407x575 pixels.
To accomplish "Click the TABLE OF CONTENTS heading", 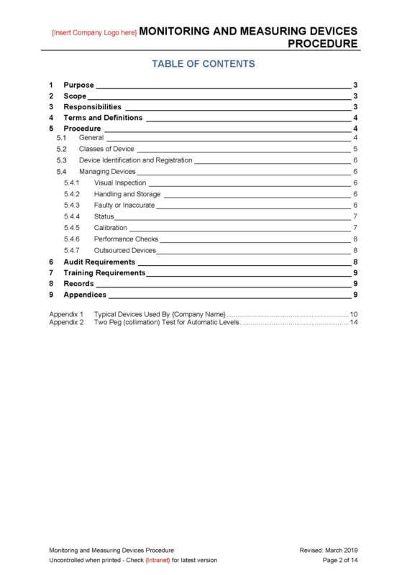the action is coord(203,64).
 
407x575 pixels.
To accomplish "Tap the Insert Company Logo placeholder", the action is coord(94,33).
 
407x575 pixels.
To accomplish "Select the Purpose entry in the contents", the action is coord(78,85).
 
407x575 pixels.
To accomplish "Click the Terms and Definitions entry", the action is coord(103,118).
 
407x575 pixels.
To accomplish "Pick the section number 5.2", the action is coord(62,149).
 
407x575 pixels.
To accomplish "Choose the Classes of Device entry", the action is coord(106,149).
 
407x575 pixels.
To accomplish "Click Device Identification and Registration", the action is coord(135,160).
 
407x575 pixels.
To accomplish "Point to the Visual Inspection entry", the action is coord(119,183).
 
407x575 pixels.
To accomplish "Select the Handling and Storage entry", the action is coord(127,194).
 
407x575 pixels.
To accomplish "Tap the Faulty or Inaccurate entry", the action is coord(124,205).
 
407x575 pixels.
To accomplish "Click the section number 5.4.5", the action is coord(72,228).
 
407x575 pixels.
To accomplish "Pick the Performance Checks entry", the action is coord(126,239).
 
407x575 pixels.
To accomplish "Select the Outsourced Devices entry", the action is coord(125,250).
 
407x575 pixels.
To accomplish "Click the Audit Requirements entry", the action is coord(99,262).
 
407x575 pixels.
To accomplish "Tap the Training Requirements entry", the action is coord(104,273).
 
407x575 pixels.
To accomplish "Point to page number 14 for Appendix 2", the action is coord(354,323).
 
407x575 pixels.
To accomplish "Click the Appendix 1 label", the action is coord(66,315).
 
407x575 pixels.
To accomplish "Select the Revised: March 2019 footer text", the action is coord(329,550).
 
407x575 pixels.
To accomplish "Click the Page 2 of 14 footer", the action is coord(340,560).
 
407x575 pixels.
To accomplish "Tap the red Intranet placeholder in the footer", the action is coord(157,560).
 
